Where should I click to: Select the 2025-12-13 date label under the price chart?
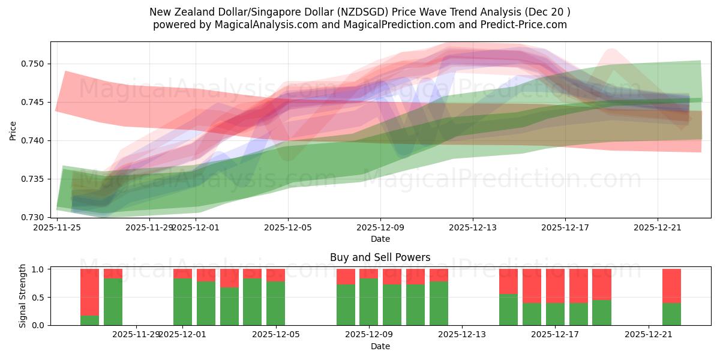(x=473, y=227)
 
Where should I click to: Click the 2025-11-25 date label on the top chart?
(x=57, y=227)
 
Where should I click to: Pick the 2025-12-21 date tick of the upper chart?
(x=658, y=227)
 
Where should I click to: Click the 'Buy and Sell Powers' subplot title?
(x=380, y=257)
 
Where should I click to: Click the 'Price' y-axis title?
(x=14, y=130)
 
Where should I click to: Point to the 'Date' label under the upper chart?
(x=380, y=239)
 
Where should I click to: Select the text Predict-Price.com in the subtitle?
(x=527, y=25)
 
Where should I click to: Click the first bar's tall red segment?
(x=89, y=292)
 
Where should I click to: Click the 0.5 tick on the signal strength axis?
(x=40, y=297)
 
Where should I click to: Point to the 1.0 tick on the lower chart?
(x=40, y=269)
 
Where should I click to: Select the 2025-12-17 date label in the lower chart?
(x=556, y=335)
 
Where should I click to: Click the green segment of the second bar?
(x=113, y=301)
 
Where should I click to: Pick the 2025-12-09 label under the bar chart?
(x=368, y=335)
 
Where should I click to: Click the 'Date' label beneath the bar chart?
(x=380, y=346)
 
